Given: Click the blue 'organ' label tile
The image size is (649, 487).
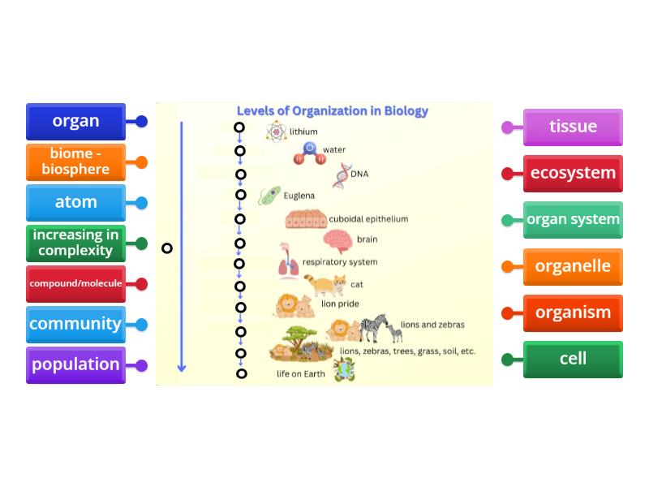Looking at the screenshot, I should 75,122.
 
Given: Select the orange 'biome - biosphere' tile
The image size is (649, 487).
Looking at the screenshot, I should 75,162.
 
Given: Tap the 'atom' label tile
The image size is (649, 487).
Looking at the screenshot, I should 75,203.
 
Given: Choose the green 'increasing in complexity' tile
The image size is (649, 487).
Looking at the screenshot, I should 75,243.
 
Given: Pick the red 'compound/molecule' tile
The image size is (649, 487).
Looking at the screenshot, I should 75,284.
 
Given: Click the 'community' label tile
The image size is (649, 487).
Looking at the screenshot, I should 75,324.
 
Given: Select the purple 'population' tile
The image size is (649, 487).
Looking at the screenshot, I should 75,364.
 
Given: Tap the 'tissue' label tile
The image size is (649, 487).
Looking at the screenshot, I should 573,127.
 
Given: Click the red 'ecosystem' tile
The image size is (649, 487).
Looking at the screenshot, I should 573,174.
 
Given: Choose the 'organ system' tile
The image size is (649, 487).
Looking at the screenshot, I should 573,220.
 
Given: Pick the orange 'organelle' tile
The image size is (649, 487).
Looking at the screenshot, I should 573,266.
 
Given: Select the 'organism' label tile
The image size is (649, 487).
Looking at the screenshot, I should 573,313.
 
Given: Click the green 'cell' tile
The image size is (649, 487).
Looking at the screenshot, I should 573,360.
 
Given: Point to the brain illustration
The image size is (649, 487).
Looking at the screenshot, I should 337,240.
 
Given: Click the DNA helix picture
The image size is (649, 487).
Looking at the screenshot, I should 342,175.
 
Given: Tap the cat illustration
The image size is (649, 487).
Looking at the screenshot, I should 324,285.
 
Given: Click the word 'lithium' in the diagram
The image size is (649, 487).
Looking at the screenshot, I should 303,131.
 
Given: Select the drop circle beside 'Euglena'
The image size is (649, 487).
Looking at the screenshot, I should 241,195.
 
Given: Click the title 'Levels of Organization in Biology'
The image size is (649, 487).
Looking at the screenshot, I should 333,111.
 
